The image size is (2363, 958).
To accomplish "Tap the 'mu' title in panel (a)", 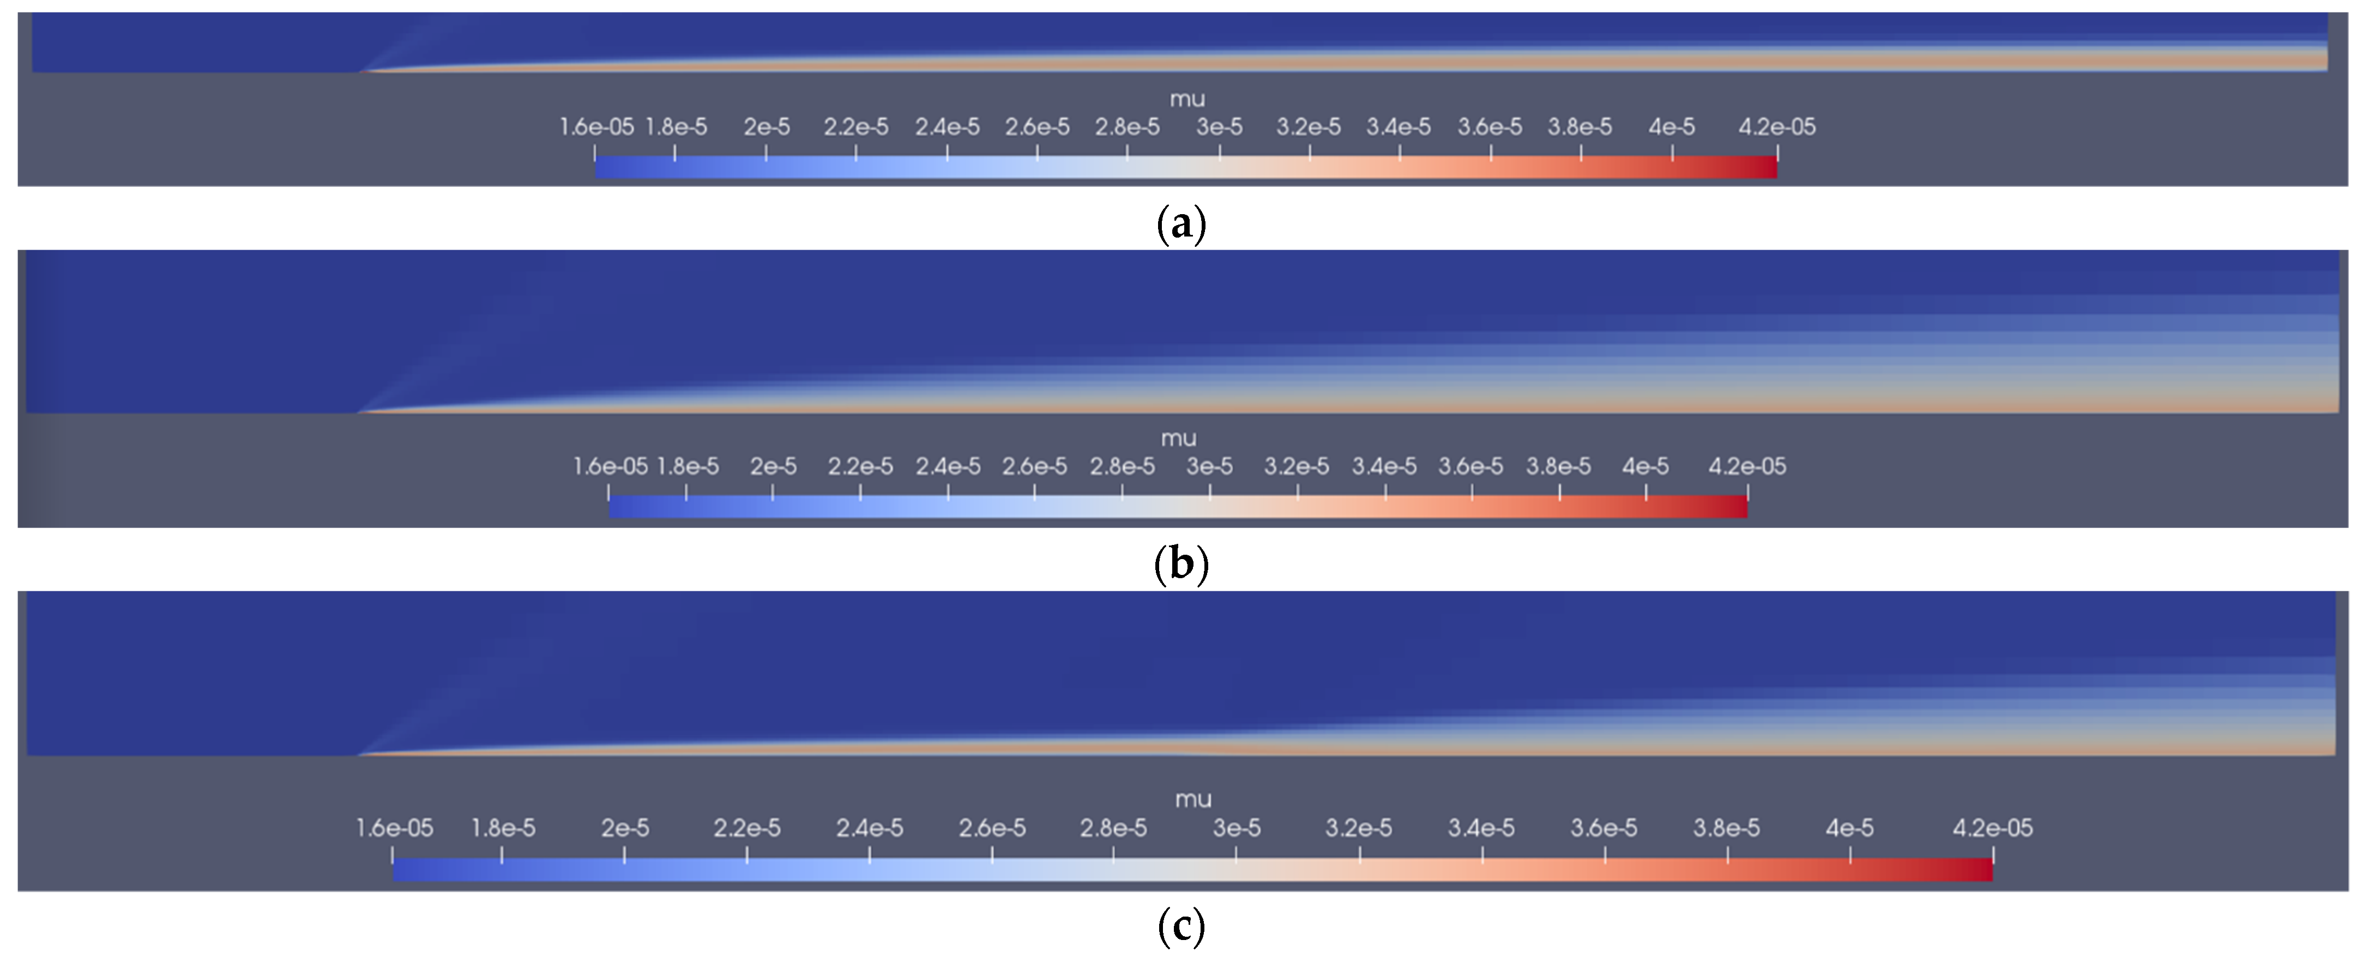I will tap(1187, 99).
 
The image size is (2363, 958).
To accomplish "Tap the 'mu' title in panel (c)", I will tap(1193, 799).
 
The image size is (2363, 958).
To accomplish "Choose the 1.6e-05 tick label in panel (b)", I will tap(610, 466).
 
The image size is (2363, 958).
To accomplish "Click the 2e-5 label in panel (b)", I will tap(773, 466).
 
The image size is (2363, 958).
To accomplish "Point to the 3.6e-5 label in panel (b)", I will tap(1470, 466).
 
